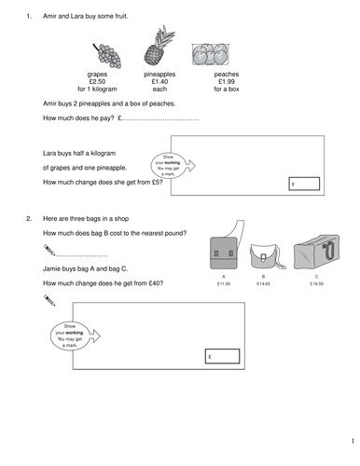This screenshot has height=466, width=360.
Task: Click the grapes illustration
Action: click(x=97, y=52)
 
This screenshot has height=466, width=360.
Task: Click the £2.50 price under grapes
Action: click(x=98, y=80)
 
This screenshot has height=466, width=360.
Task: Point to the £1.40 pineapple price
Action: click(x=156, y=80)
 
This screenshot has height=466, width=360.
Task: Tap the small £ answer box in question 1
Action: click(x=305, y=184)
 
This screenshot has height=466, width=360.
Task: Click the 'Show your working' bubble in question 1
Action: click(x=169, y=165)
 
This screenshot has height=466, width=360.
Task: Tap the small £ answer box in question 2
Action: click(x=223, y=357)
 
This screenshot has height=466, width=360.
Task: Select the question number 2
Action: click(x=29, y=217)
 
